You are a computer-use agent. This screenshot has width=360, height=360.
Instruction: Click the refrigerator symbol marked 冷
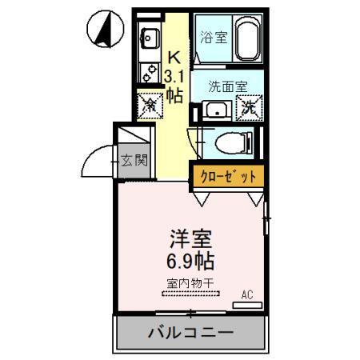pos(149,104)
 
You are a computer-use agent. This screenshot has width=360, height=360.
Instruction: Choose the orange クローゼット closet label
pos(224,175)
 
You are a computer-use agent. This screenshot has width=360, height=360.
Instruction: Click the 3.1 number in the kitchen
pos(173,76)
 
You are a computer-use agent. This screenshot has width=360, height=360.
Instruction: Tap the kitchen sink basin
pos(149,37)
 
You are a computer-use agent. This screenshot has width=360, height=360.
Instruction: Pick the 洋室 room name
pos(190,238)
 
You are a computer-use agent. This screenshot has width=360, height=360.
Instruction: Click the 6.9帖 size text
pos(190,260)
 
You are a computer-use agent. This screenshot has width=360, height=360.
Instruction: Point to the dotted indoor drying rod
pos(190,294)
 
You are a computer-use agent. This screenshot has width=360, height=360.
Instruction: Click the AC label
pos(247,294)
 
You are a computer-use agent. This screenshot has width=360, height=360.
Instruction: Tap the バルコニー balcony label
pos(190,333)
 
